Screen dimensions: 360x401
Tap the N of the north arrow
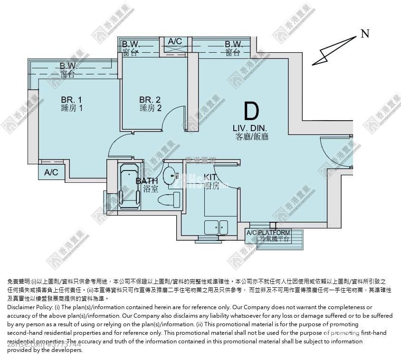click(364, 33)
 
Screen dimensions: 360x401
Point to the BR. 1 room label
click(72, 100)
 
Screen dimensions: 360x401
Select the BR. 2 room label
click(150, 100)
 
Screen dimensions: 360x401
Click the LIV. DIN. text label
click(250, 128)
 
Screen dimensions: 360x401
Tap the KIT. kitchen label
click(211, 177)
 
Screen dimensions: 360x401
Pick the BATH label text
click(147, 181)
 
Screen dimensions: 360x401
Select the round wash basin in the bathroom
click(170, 176)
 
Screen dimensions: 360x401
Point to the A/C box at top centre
click(175, 42)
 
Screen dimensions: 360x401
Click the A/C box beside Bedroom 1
click(51, 172)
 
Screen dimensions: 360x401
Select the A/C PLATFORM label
click(275, 233)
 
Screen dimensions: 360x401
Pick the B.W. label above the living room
click(233, 44)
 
